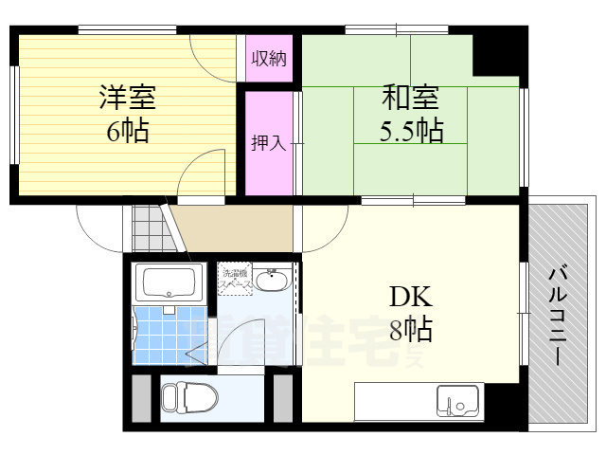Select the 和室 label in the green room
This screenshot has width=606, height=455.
pyautogui.click(x=411, y=97)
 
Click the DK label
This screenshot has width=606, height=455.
pyautogui.click(x=411, y=298)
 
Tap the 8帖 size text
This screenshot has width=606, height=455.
pyautogui.click(x=411, y=330)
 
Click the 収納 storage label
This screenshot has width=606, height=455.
pyautogui.click(x=269, y=58)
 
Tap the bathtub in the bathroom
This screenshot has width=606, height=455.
pyautogui.click(x=168, y=282)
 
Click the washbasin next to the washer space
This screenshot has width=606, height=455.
pyautogui.click(x=274, y=282)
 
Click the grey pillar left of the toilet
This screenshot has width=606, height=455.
pyautogui.click(x=140, y=398)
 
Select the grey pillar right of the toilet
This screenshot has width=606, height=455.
pyautogui.click(x=283, y=398)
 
